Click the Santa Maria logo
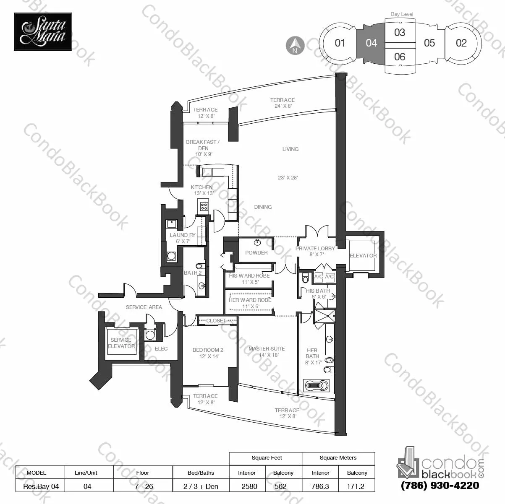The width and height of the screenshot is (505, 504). pyautogui.click(x=43, y=31)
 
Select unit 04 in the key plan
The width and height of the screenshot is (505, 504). pyautogui.click(x=371, y=43)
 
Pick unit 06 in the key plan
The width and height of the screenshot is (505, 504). pyautogui.click(x=400, y=57)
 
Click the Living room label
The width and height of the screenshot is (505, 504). pyautogui.click(x=290, y=149)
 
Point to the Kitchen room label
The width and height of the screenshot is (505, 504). pyautogui.click(x=201, y=187)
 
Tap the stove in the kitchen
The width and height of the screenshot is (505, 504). pyautogui.click(x=204, y=206)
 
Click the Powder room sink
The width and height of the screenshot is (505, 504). pyautogui.click(x=257, y=242)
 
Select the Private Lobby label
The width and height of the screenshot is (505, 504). pyautogui.click(x=315, y=248)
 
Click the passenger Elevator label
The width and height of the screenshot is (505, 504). pyautogui.click(x=363, y=255)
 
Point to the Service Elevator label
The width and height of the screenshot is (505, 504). pyautogui.click(x=121, y=343)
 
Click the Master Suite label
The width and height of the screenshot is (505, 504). pyautogui.click(x=266, y=348)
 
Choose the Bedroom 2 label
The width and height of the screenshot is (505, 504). pyautogui.click(x=208, y=350)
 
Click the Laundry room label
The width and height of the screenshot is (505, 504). pyautogui.click(x=183, y=235)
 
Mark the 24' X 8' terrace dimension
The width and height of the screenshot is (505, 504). pyautogui.click(x=282, y=106)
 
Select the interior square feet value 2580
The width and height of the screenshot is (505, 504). pyautogui.click(x=247, y=486)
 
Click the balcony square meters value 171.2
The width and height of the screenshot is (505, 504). pyautogui.click(x=357, y=486)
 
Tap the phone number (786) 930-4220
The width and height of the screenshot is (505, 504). pyautogui.click(x=440, y=486)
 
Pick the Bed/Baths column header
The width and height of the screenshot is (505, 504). pyautogui.click(x=201, y=473)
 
